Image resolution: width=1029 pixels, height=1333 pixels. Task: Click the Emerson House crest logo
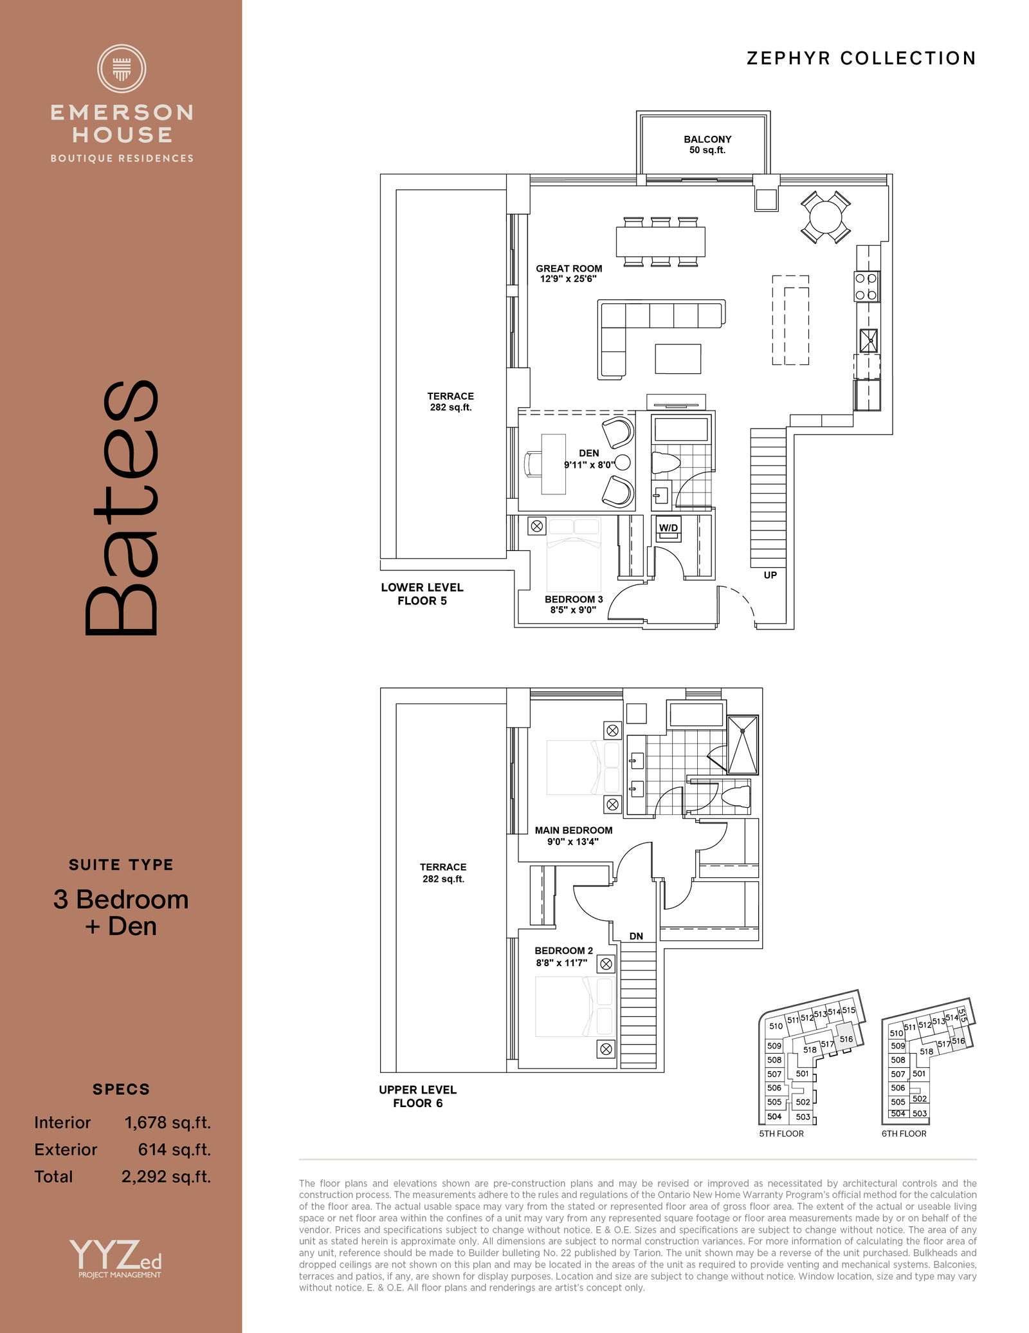[x=122, y=68]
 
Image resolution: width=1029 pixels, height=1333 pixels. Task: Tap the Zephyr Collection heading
[x=861, y=59]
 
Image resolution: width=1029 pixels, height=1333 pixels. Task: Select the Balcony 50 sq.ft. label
[x=707, y=145]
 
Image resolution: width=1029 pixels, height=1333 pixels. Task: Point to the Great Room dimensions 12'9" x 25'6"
[x=569, y=279]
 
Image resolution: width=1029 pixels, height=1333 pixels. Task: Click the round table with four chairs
[x=826, y=217]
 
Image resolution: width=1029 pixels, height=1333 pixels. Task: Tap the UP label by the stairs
[x=770, y=575]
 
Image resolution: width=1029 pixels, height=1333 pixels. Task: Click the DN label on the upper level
[x=636, y=936]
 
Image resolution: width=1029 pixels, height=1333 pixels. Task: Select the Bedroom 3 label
[x=574, y=599]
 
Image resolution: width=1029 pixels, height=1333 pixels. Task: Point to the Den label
[x=589, y=453]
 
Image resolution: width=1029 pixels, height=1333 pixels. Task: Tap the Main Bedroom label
[x=574, y=830]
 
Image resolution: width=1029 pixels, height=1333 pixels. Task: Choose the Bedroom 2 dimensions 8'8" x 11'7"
[x=561, y=963]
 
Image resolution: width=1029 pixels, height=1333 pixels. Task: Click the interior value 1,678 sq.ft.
[x=167, y=1123]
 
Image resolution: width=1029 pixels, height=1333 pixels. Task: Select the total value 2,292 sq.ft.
[x=166, y=1177]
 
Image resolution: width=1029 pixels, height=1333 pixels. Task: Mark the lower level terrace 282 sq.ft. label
[x=451, y=402]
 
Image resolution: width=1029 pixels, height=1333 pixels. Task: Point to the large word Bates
[x=121, y=508]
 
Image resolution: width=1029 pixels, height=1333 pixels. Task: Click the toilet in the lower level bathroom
[x=666, y=462]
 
